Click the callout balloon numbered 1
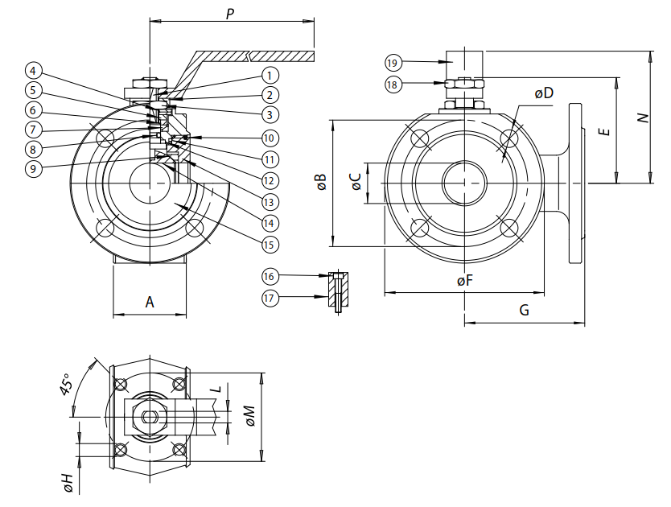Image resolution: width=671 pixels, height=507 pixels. tap(269, 75)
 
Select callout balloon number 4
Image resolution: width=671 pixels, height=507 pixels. tap(33, 70)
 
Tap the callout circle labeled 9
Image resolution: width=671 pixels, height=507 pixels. tap(33, 168)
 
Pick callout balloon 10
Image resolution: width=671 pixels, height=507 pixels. tap(269, 138)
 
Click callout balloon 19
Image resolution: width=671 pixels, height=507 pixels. tap(393, 62)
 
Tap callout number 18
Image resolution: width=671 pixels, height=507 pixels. tap(393, 84)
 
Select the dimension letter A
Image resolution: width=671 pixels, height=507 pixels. tap(150, 302)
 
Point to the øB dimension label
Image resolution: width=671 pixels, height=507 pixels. tap(321, 182)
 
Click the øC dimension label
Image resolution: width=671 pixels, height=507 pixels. tap(355, 182)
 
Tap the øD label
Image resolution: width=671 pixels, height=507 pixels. tap(545, 93)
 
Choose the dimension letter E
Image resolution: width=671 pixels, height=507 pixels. tap(606, 129)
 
